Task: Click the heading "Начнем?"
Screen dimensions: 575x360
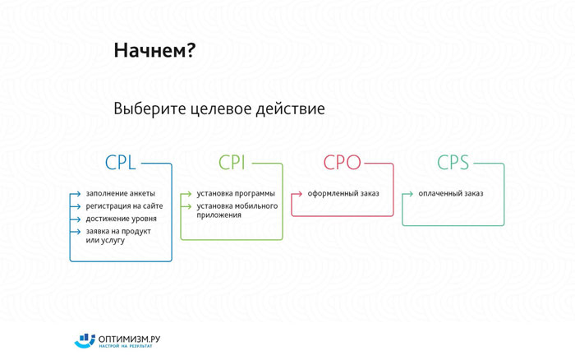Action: coord(154,50)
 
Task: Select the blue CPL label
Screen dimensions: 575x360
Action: coord(120,162)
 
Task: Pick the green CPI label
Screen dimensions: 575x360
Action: coord(232,162)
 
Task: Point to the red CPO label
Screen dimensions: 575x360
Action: coord(343,162)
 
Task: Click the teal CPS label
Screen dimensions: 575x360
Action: coord(453,162)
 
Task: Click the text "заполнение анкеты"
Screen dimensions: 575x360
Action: coord(120,193)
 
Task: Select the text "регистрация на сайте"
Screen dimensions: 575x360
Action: coord(124,206)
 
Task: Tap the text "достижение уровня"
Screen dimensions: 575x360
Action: coord(121,219)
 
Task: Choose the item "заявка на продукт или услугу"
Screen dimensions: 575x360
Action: coord(118,236)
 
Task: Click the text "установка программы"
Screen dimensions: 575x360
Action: coord(236,193)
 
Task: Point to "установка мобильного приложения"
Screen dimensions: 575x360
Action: coord(237,210)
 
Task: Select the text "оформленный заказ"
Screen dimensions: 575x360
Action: coord(343,193)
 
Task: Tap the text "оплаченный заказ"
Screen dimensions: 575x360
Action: coord(451,193)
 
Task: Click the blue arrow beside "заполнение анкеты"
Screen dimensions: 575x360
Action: coord(76,194)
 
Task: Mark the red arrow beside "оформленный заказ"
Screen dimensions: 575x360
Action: coord(297,194)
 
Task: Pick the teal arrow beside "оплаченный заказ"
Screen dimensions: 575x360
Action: coord(407,194)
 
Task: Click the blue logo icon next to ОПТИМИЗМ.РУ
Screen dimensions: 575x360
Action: coord(85,340)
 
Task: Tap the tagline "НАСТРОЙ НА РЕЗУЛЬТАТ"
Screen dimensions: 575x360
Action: coord(126,346)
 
